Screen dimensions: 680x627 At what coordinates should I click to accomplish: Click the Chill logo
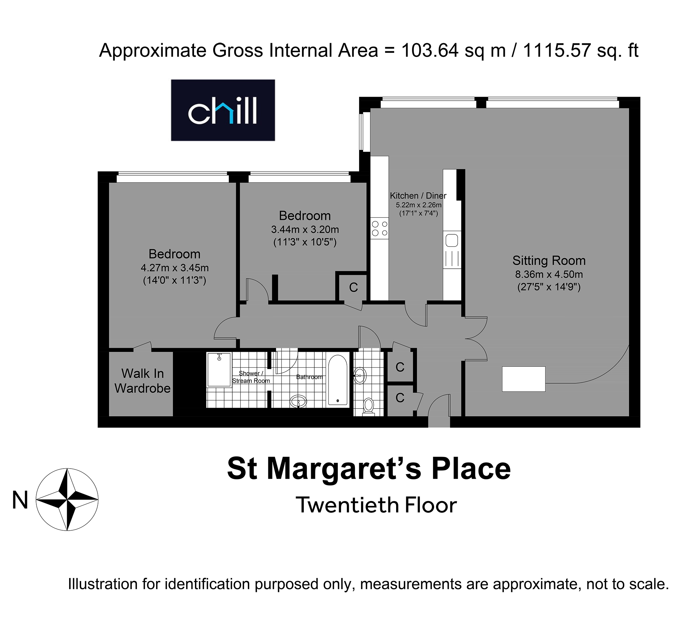[x=223, y=110]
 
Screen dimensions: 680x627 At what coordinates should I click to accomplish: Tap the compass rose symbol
[x=67, y=499]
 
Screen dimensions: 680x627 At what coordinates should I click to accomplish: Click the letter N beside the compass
[x=20, y=500]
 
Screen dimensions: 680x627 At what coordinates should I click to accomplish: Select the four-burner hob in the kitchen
[x=380, y=228]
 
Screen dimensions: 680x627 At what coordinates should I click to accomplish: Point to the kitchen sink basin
[x=452, y=240]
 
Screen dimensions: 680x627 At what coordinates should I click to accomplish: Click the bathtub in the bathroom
[x=338, y=380]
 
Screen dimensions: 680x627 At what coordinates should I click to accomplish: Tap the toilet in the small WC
[x=368, y=406]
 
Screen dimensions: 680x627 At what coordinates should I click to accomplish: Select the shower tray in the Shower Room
[x=219, y=369]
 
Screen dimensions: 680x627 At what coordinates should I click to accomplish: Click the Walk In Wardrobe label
[x=142, y=381]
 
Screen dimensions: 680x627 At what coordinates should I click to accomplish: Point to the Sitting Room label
[x=549, y=260]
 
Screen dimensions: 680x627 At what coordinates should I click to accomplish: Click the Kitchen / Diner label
[x=418, y=195]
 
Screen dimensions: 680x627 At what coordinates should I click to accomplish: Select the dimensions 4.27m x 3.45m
[x=175, y=268]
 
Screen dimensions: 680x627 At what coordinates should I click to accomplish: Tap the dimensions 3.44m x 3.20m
[x=305, y=229]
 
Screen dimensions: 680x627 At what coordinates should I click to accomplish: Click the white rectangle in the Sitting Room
[x=524, y=379]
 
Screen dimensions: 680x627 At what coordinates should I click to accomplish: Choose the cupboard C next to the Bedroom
[x=353, y=288]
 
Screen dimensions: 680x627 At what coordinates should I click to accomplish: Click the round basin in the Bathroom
[x=298, y=401]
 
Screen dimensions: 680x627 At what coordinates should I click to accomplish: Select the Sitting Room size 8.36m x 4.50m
[x=549, y=274]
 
